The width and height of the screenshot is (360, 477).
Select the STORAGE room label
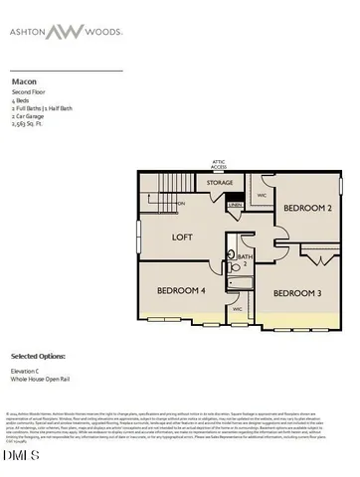pos(220,183)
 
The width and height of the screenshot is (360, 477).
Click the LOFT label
pos(182,238)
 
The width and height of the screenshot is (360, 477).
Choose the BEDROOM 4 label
pos(182,290)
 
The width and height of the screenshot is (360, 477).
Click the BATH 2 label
pos(245,260)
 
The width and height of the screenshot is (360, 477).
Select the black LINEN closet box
pos(236,206)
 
